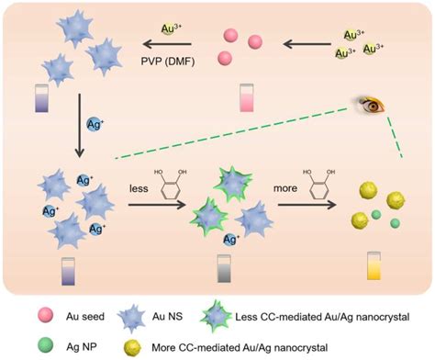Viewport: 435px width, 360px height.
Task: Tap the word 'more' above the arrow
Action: (x=290, y=186)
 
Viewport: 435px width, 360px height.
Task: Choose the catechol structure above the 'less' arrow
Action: (x=173, y=186)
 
